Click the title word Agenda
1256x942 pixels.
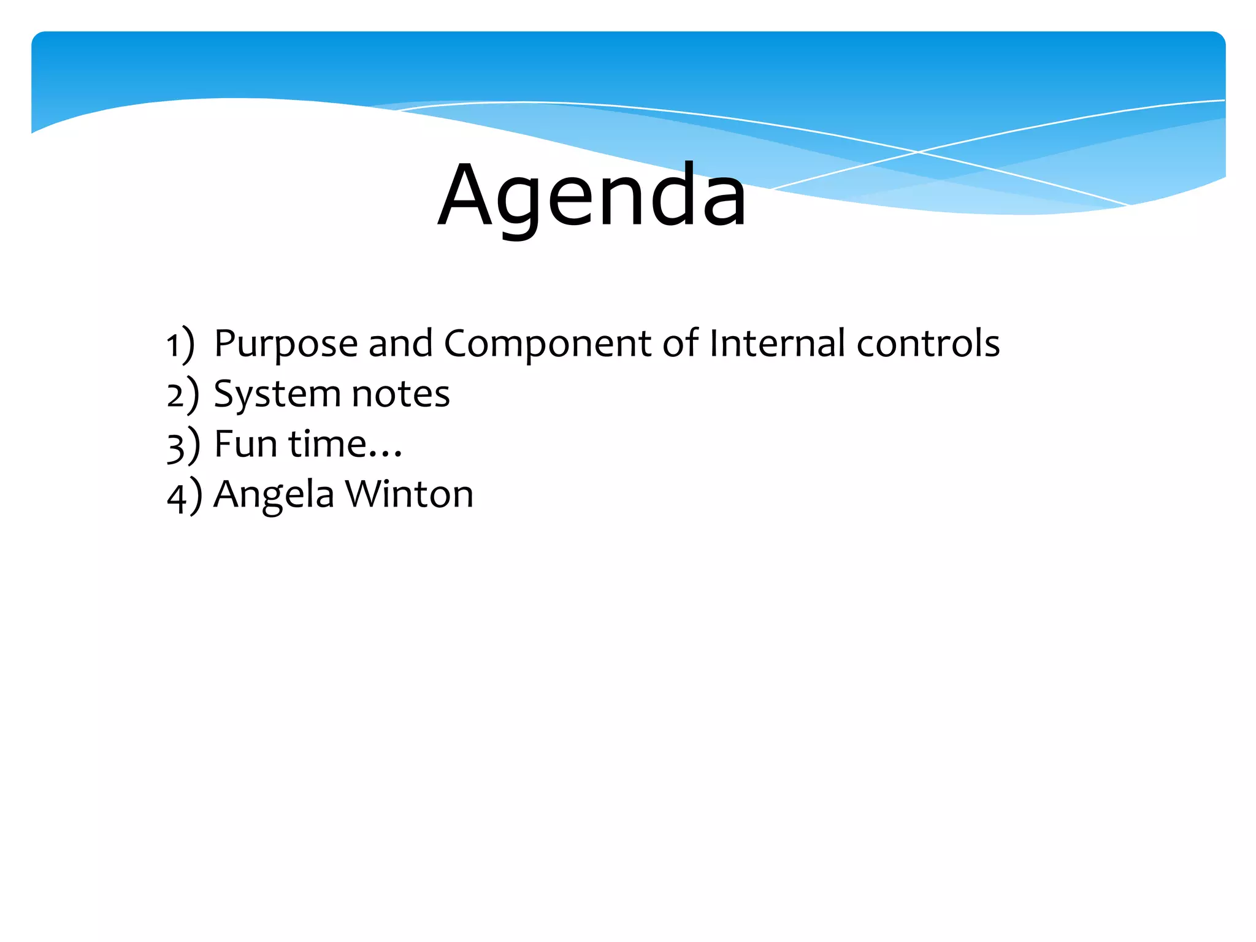592,195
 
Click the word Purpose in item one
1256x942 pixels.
285,343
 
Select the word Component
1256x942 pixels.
546,343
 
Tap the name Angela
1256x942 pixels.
274,494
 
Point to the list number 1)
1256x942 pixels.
180,344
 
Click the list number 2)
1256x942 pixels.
183,394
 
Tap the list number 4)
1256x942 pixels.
184,495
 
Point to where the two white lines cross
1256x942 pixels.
917,151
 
